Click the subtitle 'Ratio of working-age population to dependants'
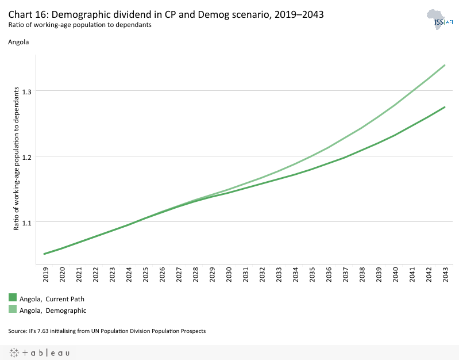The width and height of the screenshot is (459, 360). pos(79,25)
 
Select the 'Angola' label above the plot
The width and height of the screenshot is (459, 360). pos(18,42)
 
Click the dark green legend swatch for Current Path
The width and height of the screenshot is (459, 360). pos(13,298)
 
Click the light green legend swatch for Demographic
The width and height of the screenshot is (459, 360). pos(13,310)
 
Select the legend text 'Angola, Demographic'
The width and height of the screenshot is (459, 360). pos(53,311)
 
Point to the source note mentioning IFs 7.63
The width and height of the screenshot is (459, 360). pos(107,331)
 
